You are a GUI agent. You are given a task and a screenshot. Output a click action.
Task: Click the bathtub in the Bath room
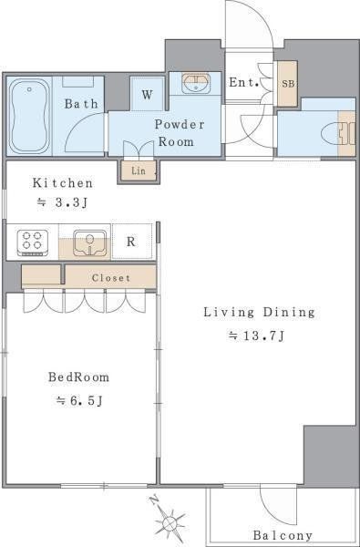[29, 116]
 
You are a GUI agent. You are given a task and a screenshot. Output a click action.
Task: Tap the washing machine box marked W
[148, 94]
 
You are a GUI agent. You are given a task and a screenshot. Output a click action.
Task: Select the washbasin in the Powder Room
[196, 83]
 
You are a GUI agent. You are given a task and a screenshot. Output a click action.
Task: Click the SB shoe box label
[288, 84]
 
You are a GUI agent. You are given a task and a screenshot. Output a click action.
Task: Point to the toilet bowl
[330, 134]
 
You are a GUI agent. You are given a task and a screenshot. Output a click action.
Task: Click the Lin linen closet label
[139, 171]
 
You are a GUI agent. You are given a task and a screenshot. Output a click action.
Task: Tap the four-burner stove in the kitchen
[33, 241]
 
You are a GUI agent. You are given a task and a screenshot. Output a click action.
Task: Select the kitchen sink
[90, 243]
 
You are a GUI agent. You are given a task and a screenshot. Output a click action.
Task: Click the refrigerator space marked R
[132, 242]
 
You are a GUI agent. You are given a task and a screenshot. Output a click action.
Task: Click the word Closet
[111, 278]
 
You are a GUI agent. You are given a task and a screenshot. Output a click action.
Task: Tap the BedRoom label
[78, 377]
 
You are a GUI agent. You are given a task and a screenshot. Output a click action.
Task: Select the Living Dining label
[259, 312]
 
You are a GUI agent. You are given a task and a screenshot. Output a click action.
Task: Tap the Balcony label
[283, 535]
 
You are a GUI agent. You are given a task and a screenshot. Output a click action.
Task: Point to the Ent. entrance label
[243, 83]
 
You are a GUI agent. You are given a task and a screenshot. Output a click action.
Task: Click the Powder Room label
[180, 133]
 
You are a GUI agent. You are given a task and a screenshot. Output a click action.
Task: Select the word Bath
[81, 104]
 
